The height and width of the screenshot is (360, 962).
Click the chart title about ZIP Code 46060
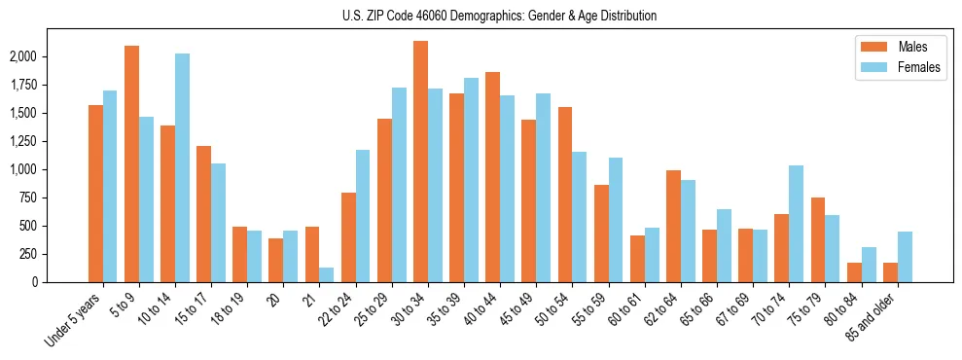click(499, 16)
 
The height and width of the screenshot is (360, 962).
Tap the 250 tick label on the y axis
click(27, 254)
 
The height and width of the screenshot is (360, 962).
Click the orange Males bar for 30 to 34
click(421, 162)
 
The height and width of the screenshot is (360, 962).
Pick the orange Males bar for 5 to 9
click(132, 163)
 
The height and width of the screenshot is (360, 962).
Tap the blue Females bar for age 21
click(327, 274)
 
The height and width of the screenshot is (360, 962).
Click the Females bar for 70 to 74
click(797, 224)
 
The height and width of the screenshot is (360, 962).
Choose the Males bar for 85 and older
click(891, 272)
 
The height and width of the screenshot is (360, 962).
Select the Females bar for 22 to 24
click(363, 216)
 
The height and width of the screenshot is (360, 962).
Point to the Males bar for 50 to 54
click(565, 195)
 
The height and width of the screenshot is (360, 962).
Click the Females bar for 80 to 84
click(869, 265)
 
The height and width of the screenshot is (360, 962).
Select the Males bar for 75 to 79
click(818, 239)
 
